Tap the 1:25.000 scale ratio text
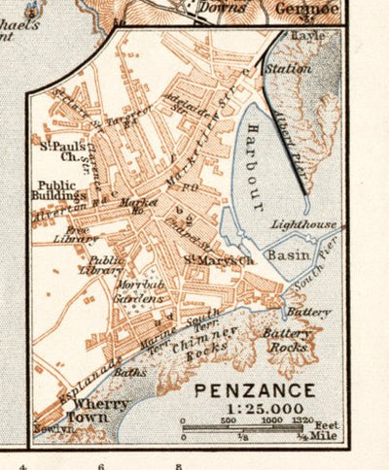coord(254,409)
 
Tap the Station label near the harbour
coord(293,69)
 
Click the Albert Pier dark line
coord(291,146)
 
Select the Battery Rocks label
coord(288,339)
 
